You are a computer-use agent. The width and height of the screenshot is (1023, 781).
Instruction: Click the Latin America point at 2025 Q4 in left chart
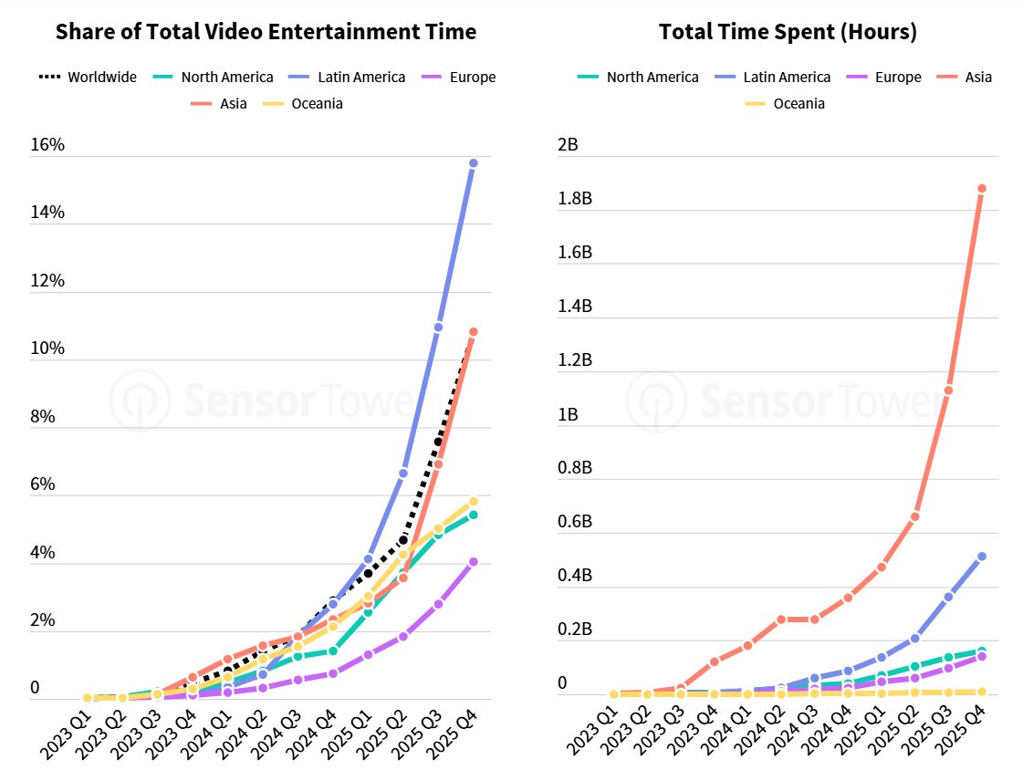(474, 163)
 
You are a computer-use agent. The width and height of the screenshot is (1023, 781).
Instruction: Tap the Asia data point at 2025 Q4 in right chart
(982, 189)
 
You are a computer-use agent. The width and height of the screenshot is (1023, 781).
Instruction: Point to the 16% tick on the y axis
(47, 144)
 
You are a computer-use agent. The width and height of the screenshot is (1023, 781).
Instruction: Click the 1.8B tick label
(575, 198)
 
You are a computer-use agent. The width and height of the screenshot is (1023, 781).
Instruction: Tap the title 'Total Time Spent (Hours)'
(788, 32)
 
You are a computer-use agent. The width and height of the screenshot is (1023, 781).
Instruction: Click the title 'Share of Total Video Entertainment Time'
(266, 32)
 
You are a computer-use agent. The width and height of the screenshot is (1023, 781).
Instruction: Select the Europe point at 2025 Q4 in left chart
(474, 562)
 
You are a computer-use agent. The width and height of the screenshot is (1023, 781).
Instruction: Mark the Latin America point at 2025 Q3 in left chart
(438, 327)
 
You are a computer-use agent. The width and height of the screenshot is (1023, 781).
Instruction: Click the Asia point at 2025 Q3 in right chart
(948, 390)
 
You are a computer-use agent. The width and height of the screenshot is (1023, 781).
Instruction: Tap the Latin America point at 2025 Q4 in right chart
(982, 556)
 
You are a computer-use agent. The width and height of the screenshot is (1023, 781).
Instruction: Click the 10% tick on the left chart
(47, 349)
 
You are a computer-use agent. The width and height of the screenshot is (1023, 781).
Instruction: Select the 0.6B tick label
(575, 522)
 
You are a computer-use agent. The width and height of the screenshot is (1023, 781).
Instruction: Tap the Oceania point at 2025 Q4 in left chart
(474, 501)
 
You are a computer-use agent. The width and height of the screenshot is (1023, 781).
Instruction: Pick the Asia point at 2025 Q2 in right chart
(914, 516)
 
